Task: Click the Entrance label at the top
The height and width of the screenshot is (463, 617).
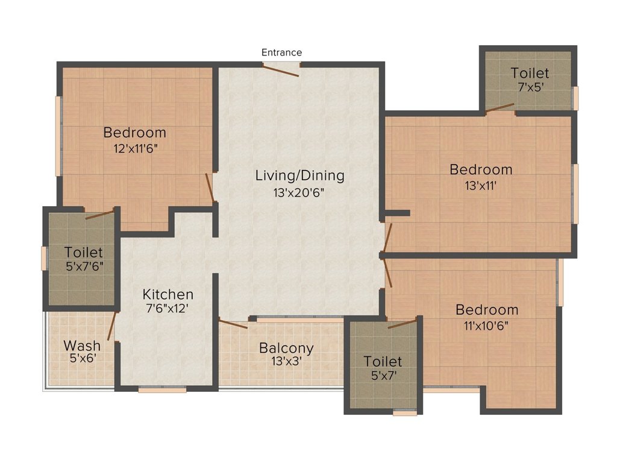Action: tap(282, 52)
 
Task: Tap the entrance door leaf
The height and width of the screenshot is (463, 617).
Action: tap(281, 71)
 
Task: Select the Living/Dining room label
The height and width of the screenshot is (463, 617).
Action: tap(300, 175)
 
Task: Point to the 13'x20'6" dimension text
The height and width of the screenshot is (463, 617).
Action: tap(299, 193)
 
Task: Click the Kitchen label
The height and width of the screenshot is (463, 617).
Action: tap(168, 294)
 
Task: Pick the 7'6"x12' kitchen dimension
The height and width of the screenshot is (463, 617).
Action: tap(168, 308)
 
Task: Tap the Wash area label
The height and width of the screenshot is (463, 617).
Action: tap(82, 345)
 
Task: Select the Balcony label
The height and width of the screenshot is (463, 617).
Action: tap(286, 348)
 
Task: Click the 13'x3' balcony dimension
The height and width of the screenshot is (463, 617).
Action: tap(286, 361)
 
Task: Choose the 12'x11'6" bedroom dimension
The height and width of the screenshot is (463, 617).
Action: tap(136, 149)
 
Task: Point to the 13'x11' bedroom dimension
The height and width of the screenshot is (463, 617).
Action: tap(481, 186)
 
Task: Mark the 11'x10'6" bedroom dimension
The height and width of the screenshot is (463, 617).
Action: tap(486, 326)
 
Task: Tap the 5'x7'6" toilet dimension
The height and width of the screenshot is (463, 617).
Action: tap(84, 266)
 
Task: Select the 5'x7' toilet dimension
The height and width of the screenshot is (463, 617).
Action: tap(384, 375)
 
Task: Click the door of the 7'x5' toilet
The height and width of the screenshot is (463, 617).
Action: tap(500, 108)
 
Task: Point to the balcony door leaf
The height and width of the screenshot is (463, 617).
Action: tap(233, 324)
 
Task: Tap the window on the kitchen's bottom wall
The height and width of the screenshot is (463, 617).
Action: tap(162, 390)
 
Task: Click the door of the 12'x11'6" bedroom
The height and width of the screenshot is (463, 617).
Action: tap(210, 188)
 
